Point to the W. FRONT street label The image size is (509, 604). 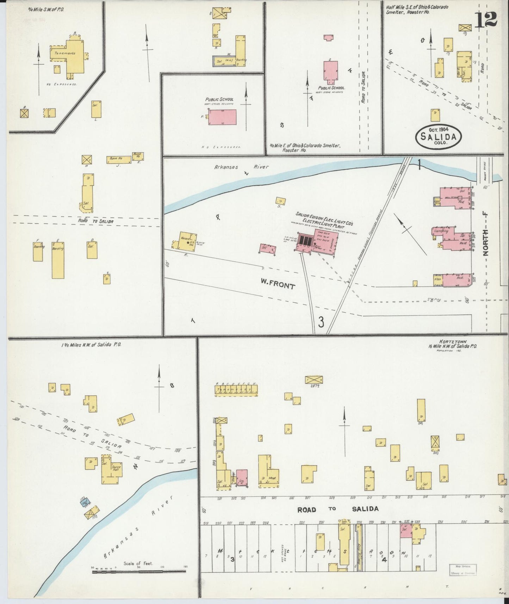[x=278, y=284]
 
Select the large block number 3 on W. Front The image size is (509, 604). [x=321, y=322]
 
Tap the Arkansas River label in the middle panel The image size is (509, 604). [x=241, y=167]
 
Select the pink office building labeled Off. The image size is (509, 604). [x=268, y=249]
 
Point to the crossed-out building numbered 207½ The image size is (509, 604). [x=314, y=380]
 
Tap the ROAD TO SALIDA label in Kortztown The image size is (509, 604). [x=338, y=509]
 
